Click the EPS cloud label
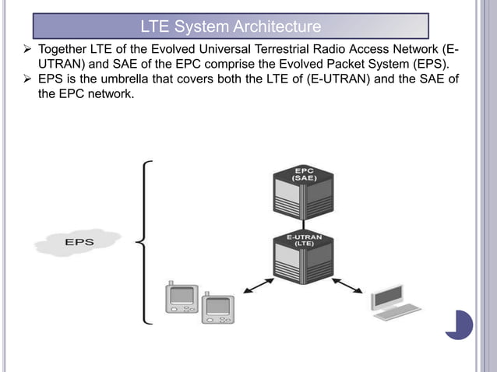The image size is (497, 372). (78, 242)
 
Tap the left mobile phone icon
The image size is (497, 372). (181, 297)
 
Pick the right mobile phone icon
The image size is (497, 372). (217, 309)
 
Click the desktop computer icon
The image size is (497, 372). (393, 304)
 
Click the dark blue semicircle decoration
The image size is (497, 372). (462, 325)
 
